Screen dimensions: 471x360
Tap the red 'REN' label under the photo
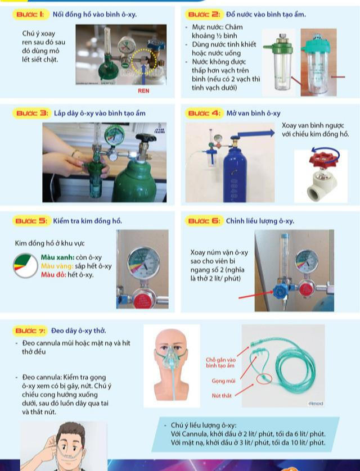click(143, 90)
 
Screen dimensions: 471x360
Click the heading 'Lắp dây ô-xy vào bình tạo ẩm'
click(100, 113)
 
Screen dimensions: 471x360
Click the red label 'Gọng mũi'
click(223, 381)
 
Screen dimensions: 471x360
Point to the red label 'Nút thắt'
click(222, 396)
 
